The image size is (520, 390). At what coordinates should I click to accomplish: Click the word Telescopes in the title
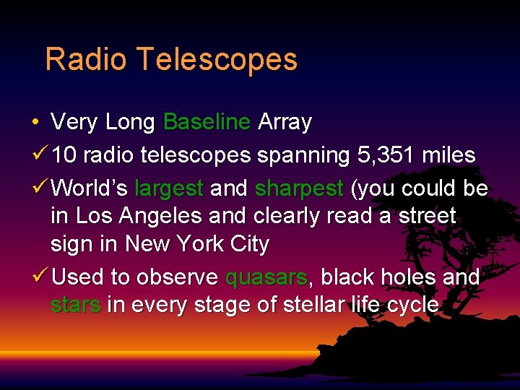coord(216,60)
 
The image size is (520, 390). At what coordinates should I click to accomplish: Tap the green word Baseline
coord(207,122)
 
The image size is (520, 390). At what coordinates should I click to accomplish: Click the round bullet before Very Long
coord(35,122)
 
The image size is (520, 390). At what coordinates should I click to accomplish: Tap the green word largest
coord(169,188)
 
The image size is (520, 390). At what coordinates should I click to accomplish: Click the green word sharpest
coord(298,188)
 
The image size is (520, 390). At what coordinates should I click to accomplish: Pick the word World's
coord(90,188)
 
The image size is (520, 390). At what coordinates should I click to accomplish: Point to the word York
coord(204,244)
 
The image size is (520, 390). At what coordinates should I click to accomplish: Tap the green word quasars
coord(266,277)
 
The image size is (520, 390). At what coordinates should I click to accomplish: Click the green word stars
coord(75,305)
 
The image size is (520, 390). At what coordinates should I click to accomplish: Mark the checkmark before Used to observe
coord(40,276)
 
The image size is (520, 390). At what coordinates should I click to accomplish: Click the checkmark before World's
coord(40,188)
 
